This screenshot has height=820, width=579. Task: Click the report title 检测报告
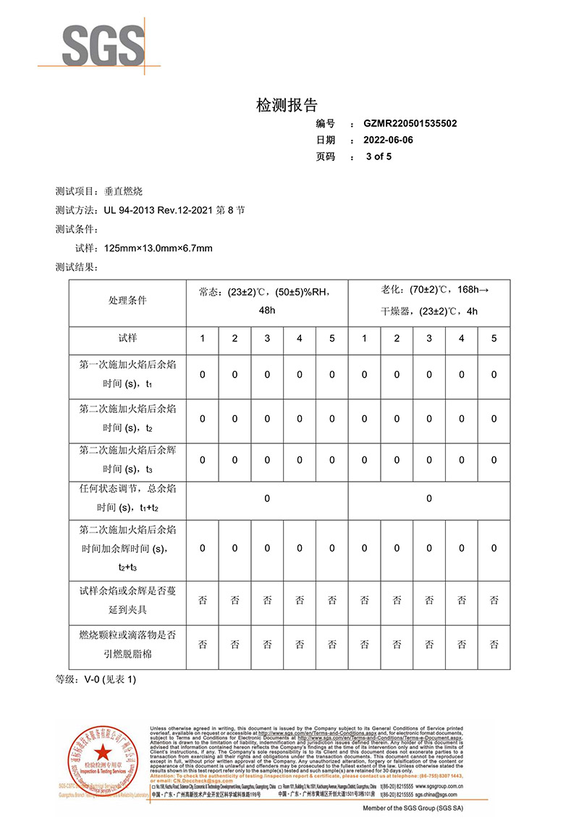point(287,105)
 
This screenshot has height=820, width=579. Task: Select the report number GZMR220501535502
point(410,124)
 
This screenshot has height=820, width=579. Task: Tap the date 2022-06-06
point(389,140)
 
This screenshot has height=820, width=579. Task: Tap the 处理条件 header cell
point(127,301)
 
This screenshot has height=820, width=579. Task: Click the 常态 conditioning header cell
point(267,301)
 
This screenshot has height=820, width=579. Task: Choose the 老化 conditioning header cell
point(429,301)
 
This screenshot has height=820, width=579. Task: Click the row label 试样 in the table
point(127,338)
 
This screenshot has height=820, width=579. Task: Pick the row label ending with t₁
point(127,375)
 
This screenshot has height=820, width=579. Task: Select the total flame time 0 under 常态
point(267,498)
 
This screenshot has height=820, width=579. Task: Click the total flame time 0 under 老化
point(429,498)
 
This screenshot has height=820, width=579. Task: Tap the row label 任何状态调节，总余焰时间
point(127,498)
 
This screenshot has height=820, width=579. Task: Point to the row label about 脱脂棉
point(127,644)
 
